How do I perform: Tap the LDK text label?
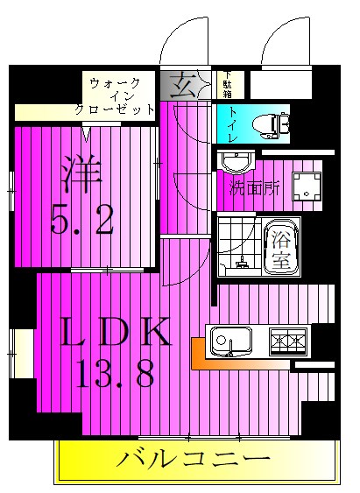pos(114,335)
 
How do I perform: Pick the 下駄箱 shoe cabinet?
pos(228,85)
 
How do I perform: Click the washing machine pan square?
pos(307,185)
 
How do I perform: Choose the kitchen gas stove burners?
pos(289,340)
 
